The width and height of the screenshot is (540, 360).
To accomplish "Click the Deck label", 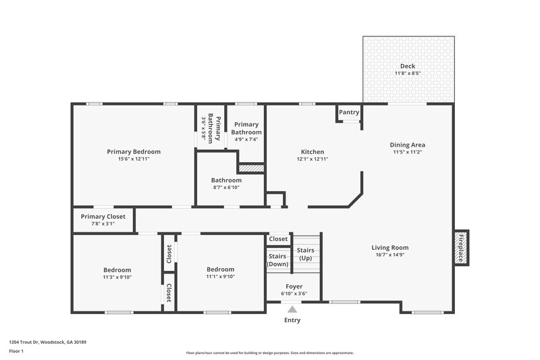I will tap(408, 66).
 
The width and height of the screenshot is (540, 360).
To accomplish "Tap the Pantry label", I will tap(349, 112).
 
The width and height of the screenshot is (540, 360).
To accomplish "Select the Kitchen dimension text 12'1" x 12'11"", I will tap(313, 159).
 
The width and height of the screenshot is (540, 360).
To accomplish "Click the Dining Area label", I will tap(407, 145).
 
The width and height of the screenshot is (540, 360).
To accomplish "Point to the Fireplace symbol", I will tap(462, 247).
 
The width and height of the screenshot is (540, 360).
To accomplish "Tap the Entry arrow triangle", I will tap(292, 309).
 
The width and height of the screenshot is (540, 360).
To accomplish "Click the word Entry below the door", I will tap(292, 320).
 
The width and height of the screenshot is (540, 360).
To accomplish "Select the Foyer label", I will tap(294, 286).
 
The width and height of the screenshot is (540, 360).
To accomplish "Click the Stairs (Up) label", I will tap(305, 254).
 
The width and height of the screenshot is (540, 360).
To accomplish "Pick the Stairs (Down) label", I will tap(277, 260).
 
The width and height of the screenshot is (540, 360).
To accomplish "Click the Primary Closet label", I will tap(103, 217).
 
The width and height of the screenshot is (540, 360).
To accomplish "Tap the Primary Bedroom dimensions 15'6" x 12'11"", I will tap(133, 159).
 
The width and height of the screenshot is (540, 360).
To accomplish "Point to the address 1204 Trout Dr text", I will tap(47, 342).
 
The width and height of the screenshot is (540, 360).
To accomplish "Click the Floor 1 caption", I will tap(16, 352).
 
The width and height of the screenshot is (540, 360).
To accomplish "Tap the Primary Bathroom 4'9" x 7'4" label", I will tap(246, 132).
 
